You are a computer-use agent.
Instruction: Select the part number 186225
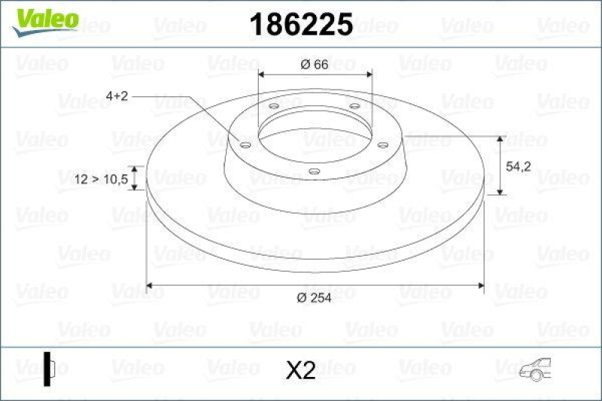[x=301, y=26]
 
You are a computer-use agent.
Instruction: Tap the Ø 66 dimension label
[x=314, y=65]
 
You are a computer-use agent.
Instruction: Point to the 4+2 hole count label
[x=118, y=96]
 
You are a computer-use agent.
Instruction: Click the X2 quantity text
[x=301, y=370]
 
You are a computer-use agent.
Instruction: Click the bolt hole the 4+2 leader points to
[x=245, y=144]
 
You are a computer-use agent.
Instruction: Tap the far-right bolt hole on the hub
[x=382, y=144]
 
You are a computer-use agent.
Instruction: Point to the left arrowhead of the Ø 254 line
[x=149, y=285]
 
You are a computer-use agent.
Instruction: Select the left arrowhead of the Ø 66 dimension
[x=261, y=74]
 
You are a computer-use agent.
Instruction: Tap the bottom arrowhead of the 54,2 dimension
[x=501, y=192]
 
